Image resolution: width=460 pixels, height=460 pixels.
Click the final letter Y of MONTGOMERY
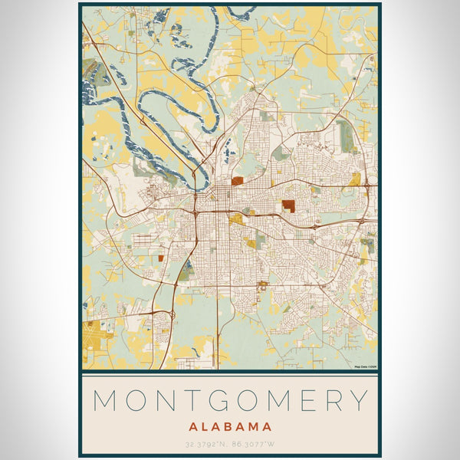(363, 400)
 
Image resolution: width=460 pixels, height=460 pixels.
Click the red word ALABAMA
(230, 426)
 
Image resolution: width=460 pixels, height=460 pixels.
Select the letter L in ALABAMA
(207, 426)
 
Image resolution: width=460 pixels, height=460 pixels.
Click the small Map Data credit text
(365, 367)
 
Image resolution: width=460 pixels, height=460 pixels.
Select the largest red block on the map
(288, 205)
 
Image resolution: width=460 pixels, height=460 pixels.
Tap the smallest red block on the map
(160, 258)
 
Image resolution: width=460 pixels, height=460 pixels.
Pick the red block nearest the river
(238, 182)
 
